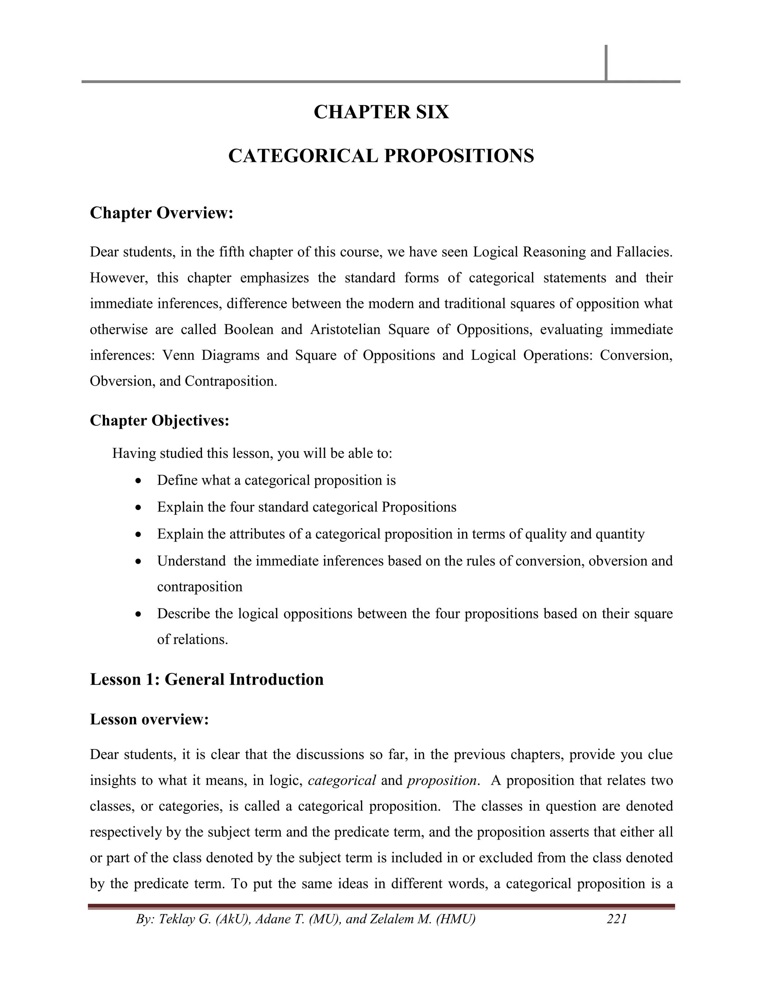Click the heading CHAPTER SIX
pos(381,112)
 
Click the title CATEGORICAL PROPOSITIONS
pos(381,156)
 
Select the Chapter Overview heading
pos(161,213)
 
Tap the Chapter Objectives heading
pos(159,420)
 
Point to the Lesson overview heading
pos(149,719)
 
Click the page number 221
pos(617,919)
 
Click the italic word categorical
pos(342,780)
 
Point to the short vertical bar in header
pos(606,63)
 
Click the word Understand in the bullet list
pos(191,561)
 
